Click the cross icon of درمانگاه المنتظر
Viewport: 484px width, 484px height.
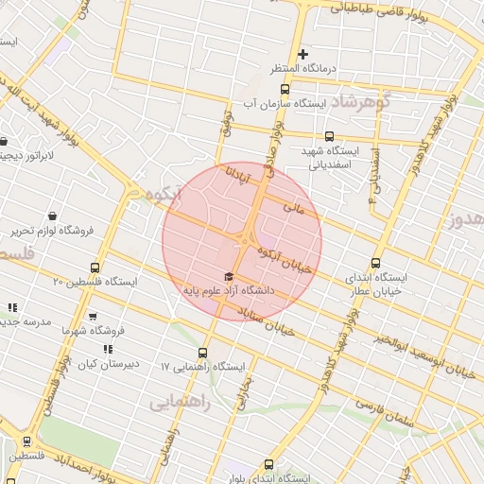[x=302, y=54]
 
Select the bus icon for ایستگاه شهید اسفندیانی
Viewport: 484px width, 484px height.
[x=329, y=135]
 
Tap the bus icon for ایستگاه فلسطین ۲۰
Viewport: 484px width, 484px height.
[x=94, y=268]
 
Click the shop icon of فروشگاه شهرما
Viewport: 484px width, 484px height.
[x=92, y=317]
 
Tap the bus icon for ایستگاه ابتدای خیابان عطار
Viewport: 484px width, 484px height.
[x=376, y=264]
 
